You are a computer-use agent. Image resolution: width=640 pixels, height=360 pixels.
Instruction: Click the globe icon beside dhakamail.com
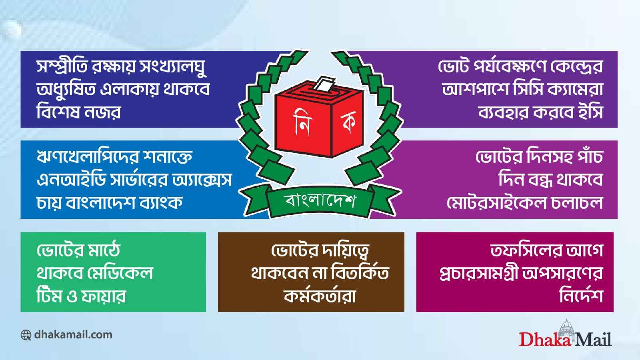coord(26,335)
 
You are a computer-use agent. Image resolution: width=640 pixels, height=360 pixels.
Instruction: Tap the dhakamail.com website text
coord(73,334)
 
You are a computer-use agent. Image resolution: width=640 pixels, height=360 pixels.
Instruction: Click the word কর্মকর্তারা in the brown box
coord(320,296)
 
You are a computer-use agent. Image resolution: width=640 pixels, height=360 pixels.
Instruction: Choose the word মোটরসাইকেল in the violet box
coord(496,202)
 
